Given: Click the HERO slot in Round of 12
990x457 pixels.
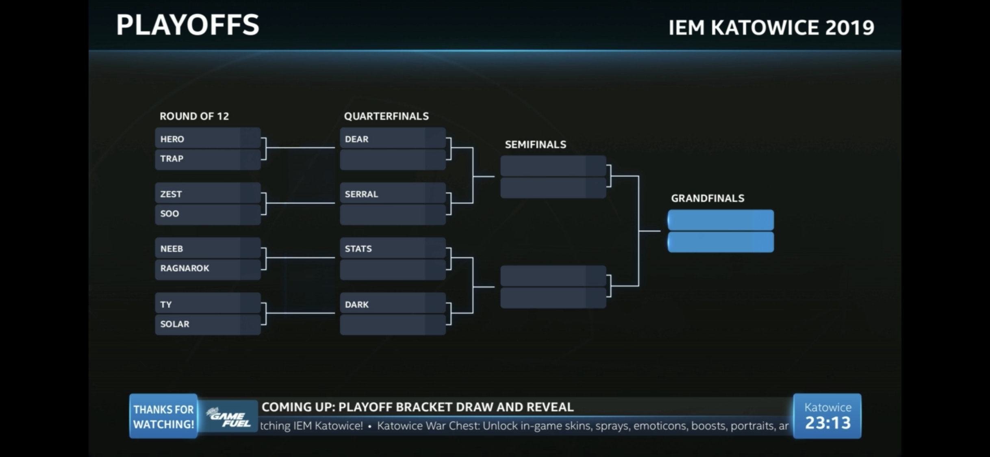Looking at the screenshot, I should point(207,139).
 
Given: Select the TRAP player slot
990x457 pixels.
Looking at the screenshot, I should point(207,159).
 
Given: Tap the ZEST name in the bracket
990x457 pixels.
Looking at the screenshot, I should point(207,194).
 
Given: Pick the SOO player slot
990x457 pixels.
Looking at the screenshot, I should point(207,214).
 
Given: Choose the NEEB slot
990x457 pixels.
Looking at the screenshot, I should point(207,249).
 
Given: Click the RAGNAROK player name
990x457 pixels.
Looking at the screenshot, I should point(207,269).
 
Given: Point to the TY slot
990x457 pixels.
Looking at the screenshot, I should point(207,304).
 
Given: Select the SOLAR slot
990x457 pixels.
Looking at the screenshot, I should point(207,324).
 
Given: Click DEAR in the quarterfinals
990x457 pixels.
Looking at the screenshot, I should point(392,139).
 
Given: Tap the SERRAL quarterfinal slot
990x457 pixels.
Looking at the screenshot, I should point(392,194).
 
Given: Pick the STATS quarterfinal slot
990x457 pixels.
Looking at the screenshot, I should point(392,249).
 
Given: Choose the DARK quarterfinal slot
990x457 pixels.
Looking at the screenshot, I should point(392,304).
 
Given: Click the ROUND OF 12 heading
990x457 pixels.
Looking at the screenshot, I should point(194,116).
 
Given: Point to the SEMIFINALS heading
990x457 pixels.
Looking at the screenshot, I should point(535,145).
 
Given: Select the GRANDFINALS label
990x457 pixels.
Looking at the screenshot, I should point(708,198).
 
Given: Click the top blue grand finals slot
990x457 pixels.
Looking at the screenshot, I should point(721,220).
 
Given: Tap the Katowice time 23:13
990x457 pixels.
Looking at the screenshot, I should point(827,422).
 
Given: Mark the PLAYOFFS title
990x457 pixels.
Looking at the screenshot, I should point(187,25).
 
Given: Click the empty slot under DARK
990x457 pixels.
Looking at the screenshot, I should point(392,325).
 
